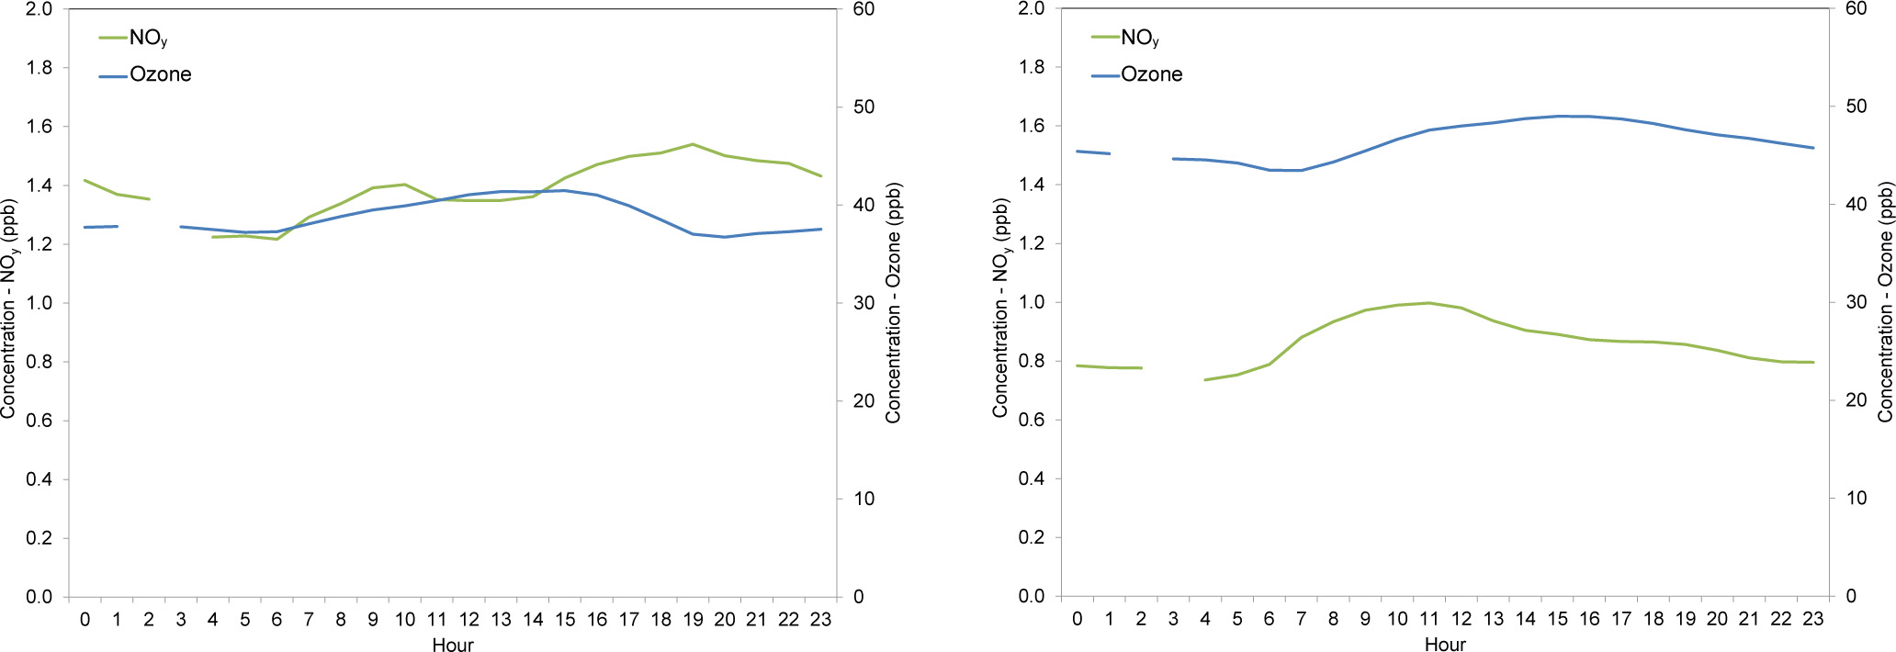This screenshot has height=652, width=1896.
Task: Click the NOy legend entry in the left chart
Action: (x=147, y=38)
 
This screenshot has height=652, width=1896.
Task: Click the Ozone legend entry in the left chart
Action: (x=160, y=74)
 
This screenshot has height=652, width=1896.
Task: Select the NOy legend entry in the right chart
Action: (x=1139, y=38)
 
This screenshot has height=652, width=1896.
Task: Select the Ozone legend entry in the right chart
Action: (x=1151, y=74)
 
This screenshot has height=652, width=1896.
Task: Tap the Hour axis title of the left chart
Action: (x=453, y=645)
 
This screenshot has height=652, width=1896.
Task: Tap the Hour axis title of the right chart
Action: (x=1445, y=645)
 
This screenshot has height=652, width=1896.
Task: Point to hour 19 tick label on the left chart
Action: (x=693, y=620)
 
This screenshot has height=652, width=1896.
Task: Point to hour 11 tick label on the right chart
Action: (x=1429, y=619)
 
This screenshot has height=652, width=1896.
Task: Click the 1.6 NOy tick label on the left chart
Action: (x=39, y=127)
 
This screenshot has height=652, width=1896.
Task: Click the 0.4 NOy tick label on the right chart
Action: (x=1031, y=478)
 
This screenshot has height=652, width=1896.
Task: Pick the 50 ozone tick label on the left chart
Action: (x=863, y=107)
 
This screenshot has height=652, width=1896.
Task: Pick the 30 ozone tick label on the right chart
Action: (x=1856, y=302)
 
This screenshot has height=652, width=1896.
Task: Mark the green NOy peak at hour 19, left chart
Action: (x=693, y=144)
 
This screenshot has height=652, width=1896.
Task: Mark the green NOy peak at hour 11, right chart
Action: (x=1429, y=303)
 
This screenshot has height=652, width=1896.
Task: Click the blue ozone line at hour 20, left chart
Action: (x=725, y=237)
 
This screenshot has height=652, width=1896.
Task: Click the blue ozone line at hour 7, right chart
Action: (x=1302, y=170)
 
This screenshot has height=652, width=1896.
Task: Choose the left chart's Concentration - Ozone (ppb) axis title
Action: (x=894, y=303)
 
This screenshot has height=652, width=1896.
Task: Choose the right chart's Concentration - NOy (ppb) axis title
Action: (x=1000, y=309)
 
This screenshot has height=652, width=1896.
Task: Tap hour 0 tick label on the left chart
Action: (x=85, y=620)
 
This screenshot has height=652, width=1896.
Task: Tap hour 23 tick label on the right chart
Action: (x=1812, y=619)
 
